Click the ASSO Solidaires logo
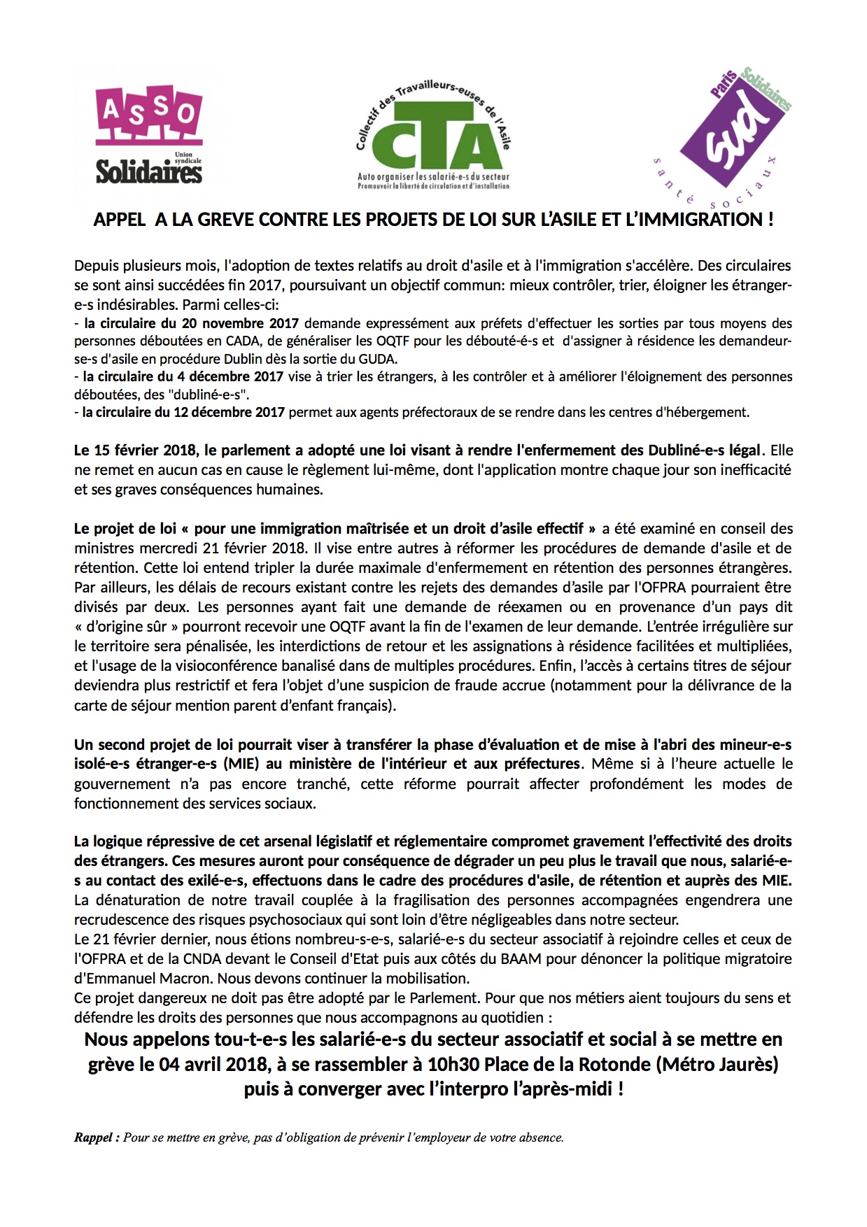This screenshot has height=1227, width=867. click(148, 137)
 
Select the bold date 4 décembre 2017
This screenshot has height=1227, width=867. click(231, 376)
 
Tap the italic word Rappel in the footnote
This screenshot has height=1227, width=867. click(94, 1137)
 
